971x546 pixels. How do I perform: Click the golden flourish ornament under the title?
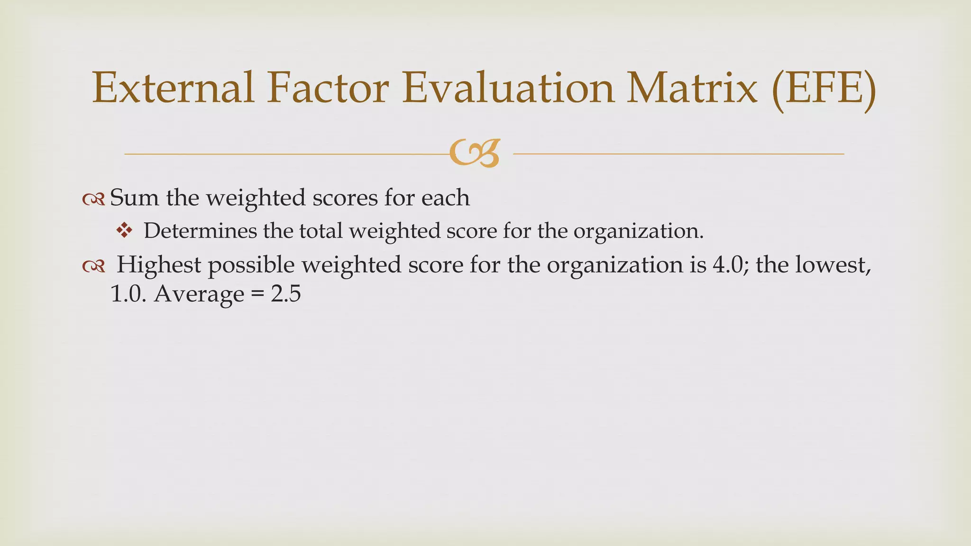[x=475, y=154]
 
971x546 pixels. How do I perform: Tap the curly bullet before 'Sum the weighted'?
[x=93, y=200]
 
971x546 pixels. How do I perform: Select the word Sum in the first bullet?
[x=134, y=198]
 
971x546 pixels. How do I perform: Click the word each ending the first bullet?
[x=445, y=198]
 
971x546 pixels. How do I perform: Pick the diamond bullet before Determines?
[x=124, y=231]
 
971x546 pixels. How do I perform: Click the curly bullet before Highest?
[x=93, y=267]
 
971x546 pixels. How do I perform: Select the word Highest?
[x=159, y=265]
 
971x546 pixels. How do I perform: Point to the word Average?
[x=199, y=294]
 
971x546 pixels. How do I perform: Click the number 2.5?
[x=286, y=294]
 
